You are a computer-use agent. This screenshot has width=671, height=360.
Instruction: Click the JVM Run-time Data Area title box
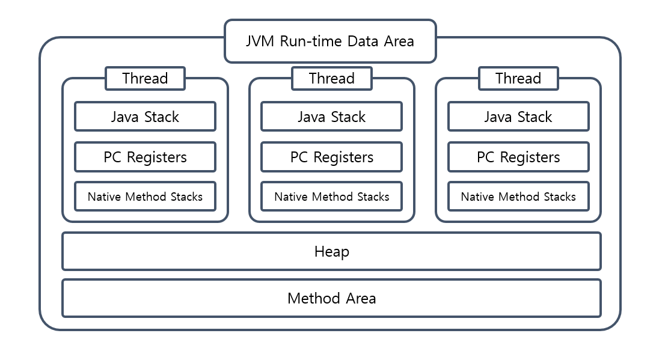coord(330,41)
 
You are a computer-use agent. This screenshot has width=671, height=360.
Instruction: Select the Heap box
coord(331,251)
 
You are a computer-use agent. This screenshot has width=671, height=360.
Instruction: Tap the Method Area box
coord(331,298)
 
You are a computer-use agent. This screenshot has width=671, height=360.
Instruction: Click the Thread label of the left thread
coord(145,78)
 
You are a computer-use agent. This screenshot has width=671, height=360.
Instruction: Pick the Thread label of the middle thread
coord(331,78)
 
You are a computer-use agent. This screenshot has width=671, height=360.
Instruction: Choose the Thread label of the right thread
coord(518,78)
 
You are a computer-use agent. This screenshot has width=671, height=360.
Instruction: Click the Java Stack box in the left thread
coord(145,117)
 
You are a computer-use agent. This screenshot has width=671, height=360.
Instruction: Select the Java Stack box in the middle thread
coord(331,117)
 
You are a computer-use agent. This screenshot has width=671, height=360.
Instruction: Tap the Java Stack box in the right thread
coord(518,117)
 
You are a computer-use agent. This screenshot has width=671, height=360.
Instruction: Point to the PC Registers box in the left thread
coord(145,157)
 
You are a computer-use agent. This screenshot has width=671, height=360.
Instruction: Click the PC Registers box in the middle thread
coord(331,157)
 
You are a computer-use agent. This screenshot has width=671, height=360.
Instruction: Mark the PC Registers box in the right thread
coord(518,157)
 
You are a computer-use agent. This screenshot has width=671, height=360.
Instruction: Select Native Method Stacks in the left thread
coord(145,197)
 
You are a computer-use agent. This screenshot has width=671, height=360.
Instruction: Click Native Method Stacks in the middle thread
coord(331,197)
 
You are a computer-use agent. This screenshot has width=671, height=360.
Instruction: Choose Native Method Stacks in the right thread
coord(518,197)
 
